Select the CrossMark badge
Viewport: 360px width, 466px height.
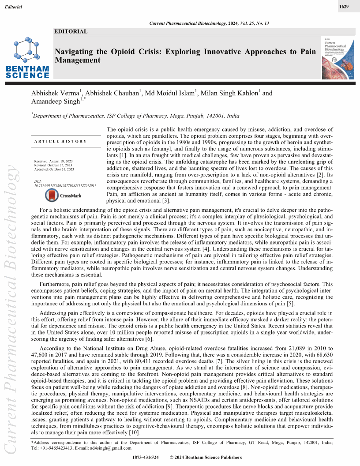tap(62, 195)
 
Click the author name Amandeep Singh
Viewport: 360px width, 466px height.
tap(55, 101)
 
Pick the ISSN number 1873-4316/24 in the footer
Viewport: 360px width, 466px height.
tap(145, 458)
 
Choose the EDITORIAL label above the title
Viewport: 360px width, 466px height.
tap(71, 31)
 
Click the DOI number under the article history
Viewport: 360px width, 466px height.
tap(65, 186)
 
